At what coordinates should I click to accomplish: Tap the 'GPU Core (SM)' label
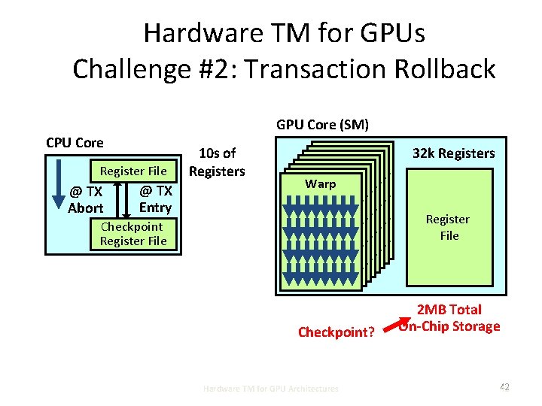pos(322,124)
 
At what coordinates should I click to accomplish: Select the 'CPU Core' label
pos(75,143)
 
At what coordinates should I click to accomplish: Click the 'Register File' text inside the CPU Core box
pos(133,171)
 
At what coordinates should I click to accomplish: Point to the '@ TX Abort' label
pos(86,199)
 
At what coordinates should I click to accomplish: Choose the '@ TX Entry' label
pos(155,199)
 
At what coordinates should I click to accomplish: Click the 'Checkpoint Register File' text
pos(132,233)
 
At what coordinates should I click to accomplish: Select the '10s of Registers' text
pos(217,162)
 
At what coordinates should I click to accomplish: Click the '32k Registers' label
pos(453,153)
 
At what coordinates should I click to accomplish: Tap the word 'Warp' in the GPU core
pos(320,183)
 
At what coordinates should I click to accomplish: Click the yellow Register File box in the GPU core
pos(447,227)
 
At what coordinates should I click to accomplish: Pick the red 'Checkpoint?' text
pos(336,332)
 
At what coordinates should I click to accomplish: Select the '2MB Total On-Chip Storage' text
pos(449,317)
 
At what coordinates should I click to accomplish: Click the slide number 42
pos(504,387)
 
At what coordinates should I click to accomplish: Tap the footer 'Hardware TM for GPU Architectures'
pos(271,388)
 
